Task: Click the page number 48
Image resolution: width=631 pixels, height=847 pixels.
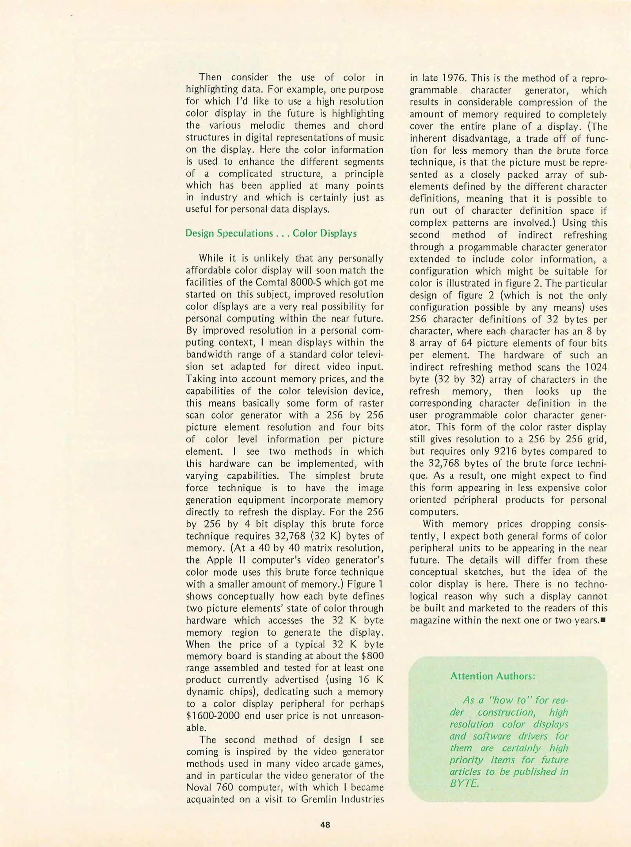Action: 325,825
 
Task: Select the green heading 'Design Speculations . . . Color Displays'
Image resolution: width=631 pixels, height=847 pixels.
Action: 271,233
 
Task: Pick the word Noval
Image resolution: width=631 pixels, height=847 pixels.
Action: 199,787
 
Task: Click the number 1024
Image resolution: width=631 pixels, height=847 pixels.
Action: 596,367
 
